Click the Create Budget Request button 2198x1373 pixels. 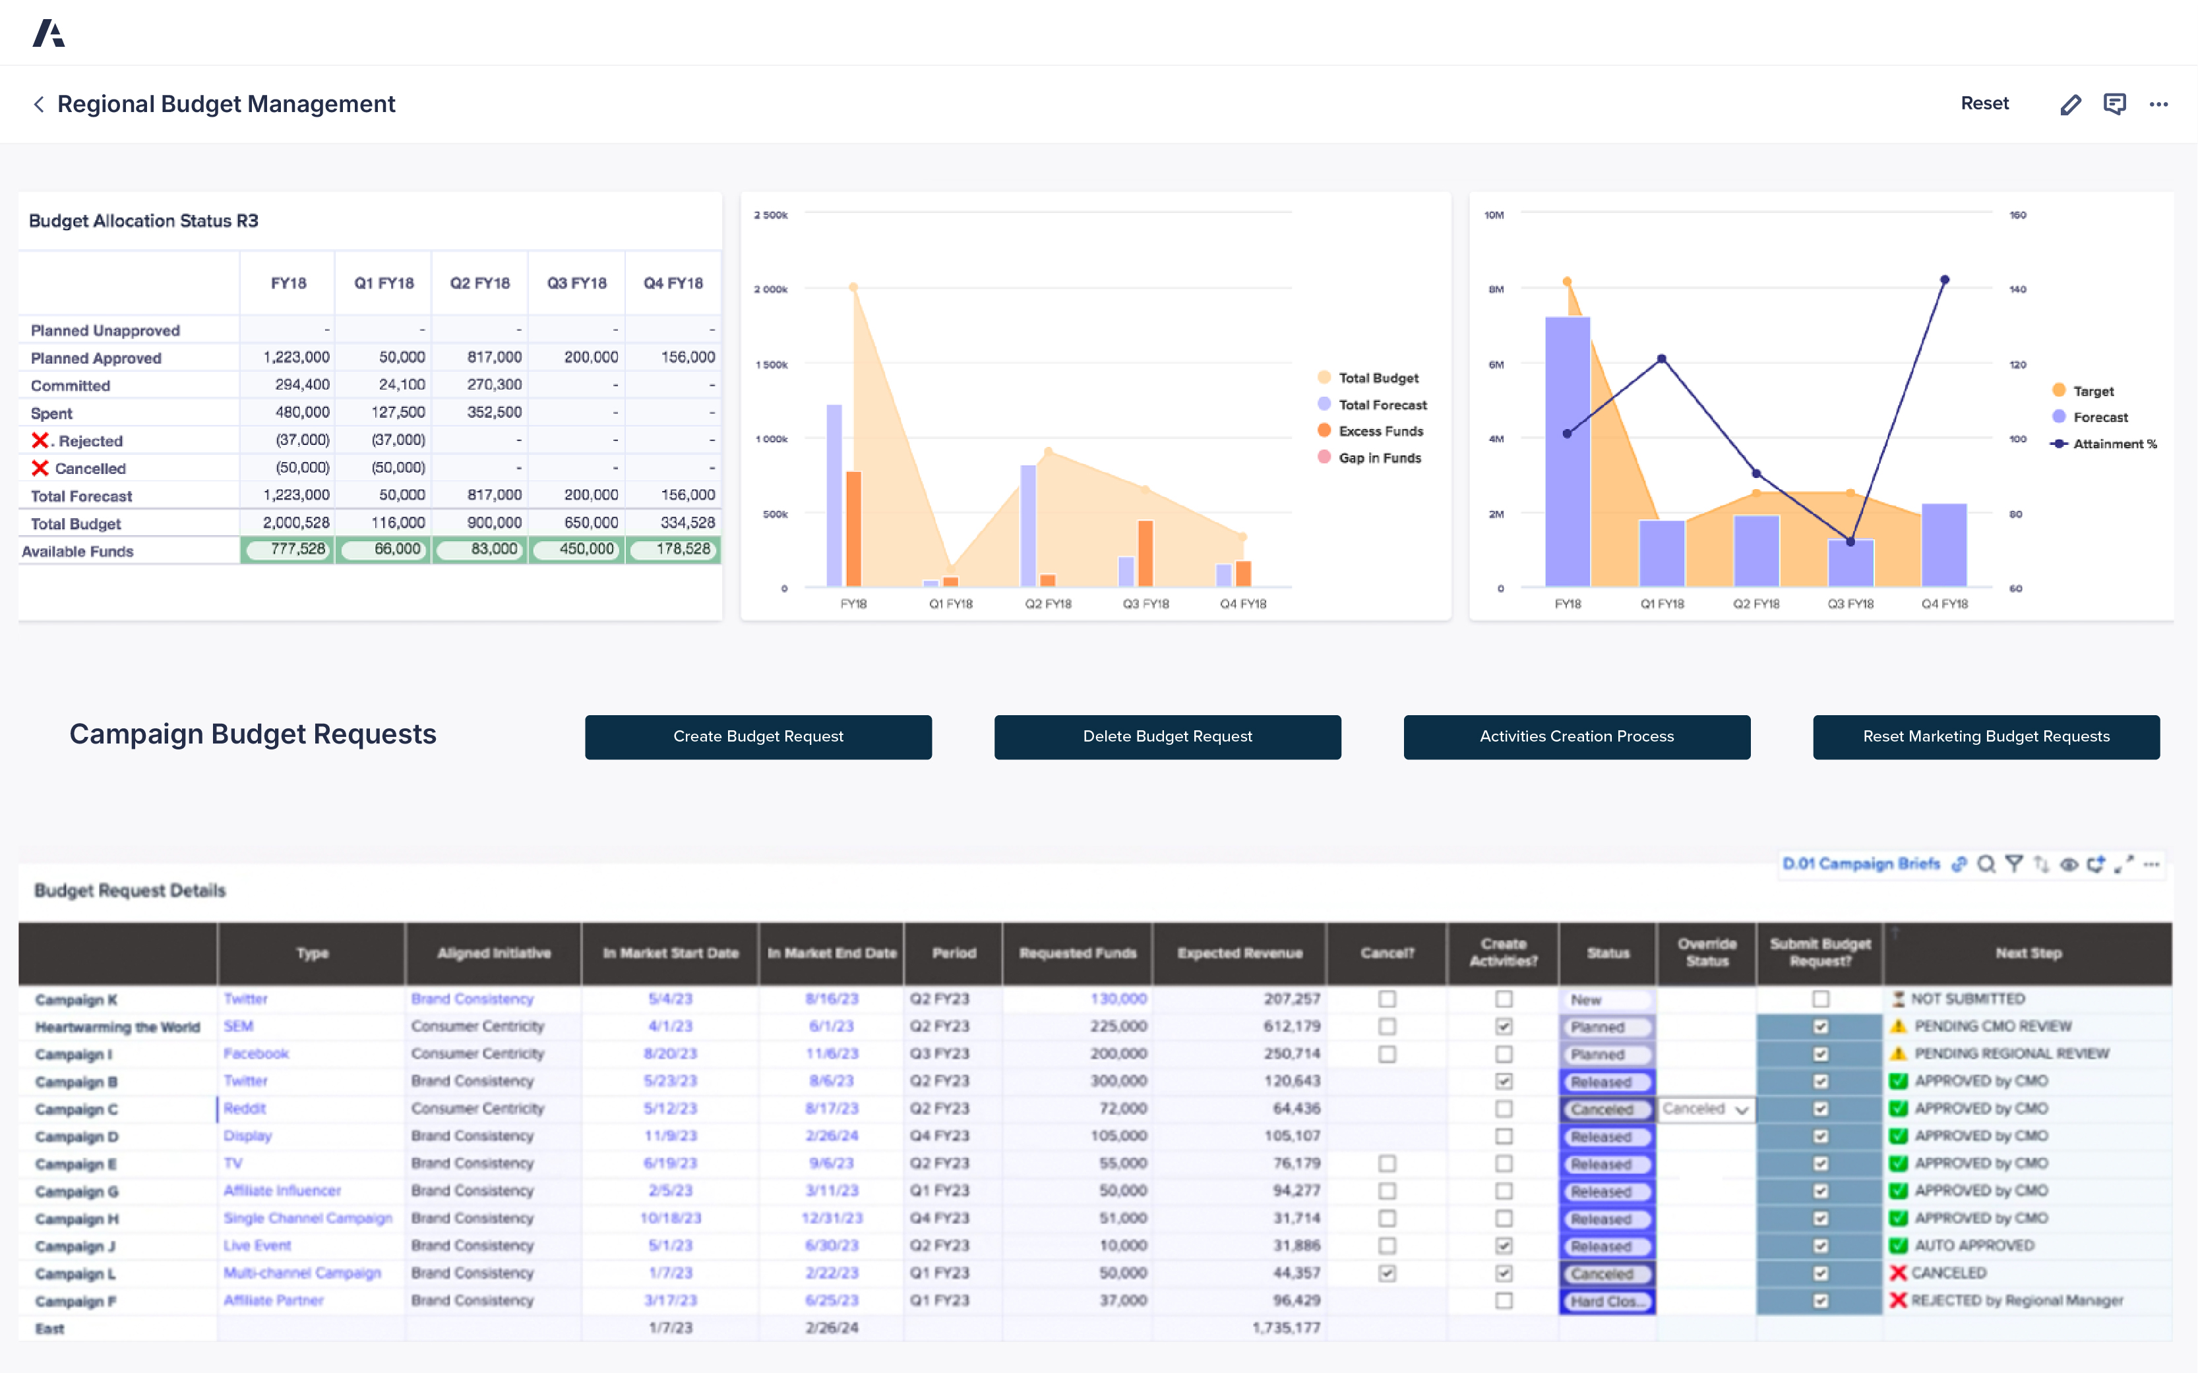point(758,736)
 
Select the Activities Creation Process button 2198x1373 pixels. point(1576,736)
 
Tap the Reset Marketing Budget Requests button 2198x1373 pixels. point(1986,736)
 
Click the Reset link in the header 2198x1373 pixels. point(1984,103)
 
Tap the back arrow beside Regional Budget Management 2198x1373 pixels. point(38,104)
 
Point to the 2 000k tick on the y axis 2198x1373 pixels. point(770,289)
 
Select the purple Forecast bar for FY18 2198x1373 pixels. point(1567,452)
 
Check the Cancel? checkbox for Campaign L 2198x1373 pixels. point(1386,1273)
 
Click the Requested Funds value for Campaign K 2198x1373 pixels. point(1118,999)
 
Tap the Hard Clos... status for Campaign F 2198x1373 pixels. point(1606,1301)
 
